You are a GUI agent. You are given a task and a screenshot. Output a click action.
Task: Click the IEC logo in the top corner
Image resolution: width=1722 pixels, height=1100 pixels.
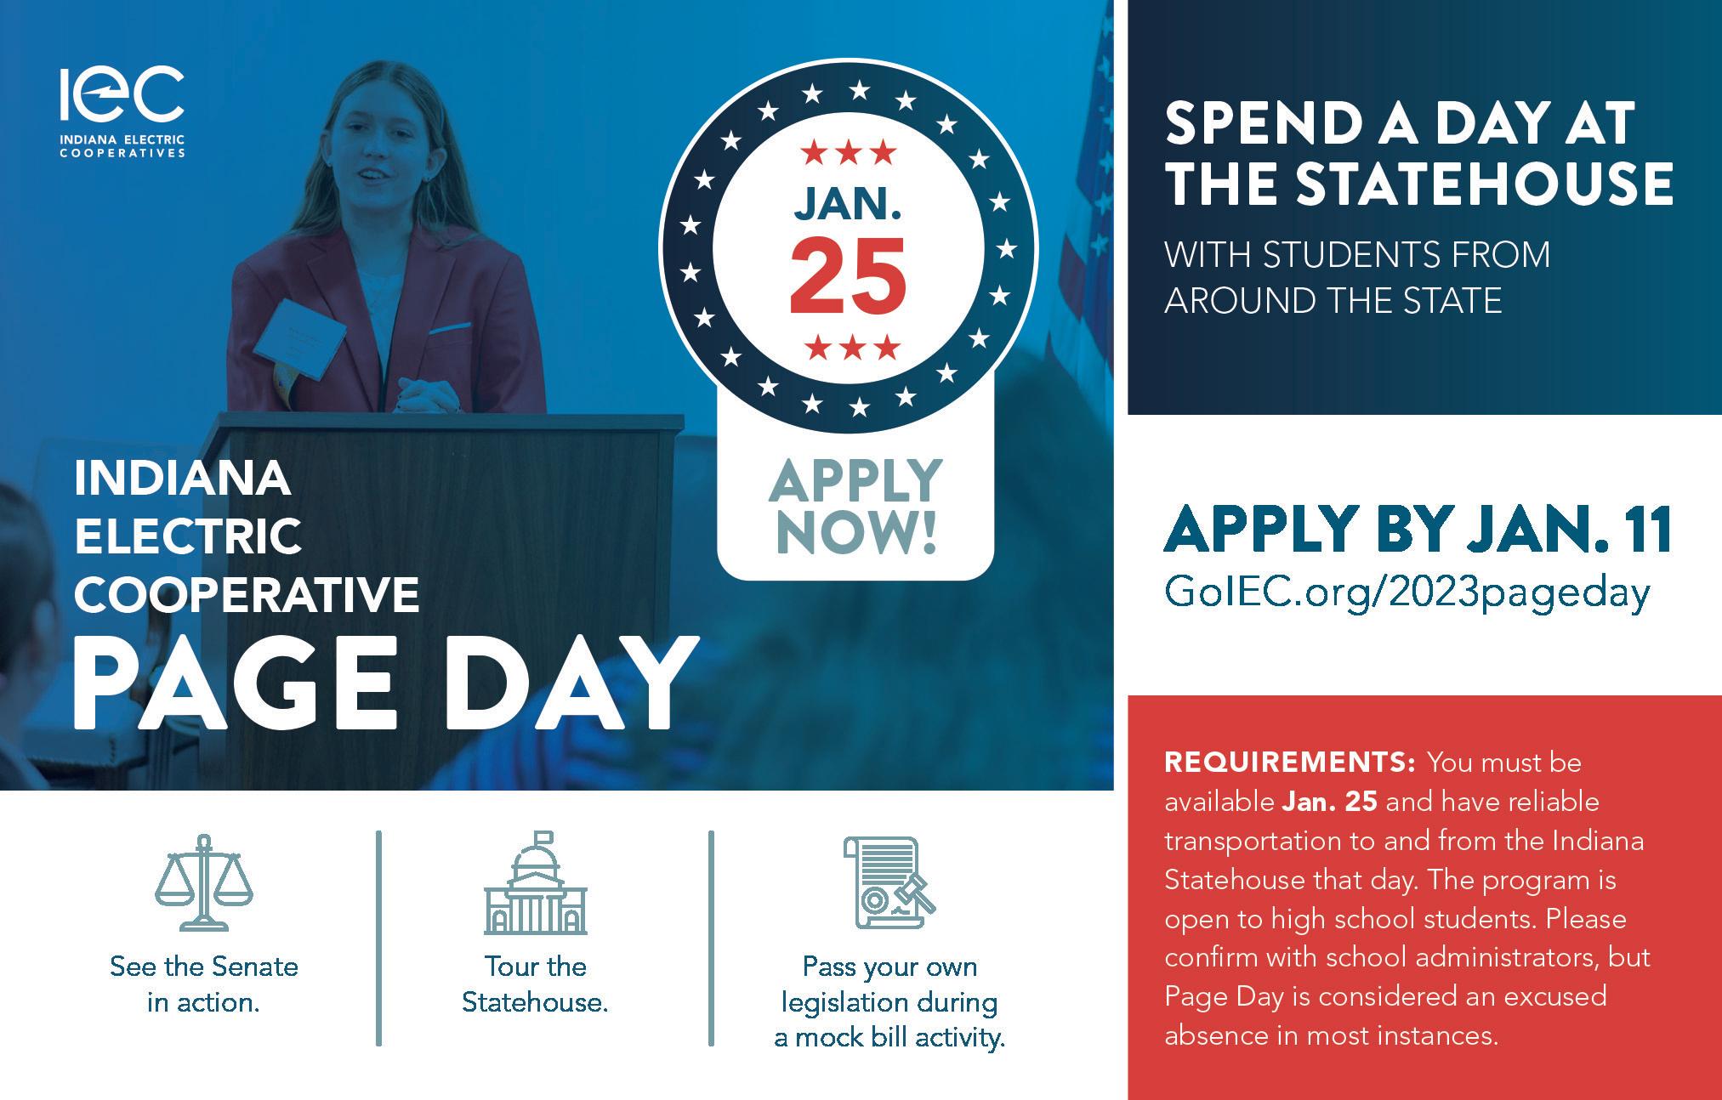point(122,111)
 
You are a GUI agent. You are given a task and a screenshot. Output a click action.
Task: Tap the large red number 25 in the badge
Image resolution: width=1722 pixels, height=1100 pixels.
point(848,274)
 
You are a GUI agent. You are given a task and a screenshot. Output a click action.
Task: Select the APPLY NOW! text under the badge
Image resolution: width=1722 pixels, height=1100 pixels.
point(855,506)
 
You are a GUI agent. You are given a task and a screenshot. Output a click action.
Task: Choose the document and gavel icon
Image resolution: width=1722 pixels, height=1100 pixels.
point(889,883)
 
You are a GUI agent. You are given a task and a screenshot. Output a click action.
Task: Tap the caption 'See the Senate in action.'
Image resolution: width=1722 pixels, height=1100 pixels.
point(204,984)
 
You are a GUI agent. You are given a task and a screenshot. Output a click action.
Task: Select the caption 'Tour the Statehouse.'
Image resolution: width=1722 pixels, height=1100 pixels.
point(535,984)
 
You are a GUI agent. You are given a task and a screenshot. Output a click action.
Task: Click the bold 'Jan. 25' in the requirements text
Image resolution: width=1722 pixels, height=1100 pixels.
point(1330,802)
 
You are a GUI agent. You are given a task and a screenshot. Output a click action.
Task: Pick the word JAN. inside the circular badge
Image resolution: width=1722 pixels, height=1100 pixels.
point(848,204)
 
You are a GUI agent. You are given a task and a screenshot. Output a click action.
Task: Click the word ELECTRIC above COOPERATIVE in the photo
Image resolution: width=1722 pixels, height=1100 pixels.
point(188,536)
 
